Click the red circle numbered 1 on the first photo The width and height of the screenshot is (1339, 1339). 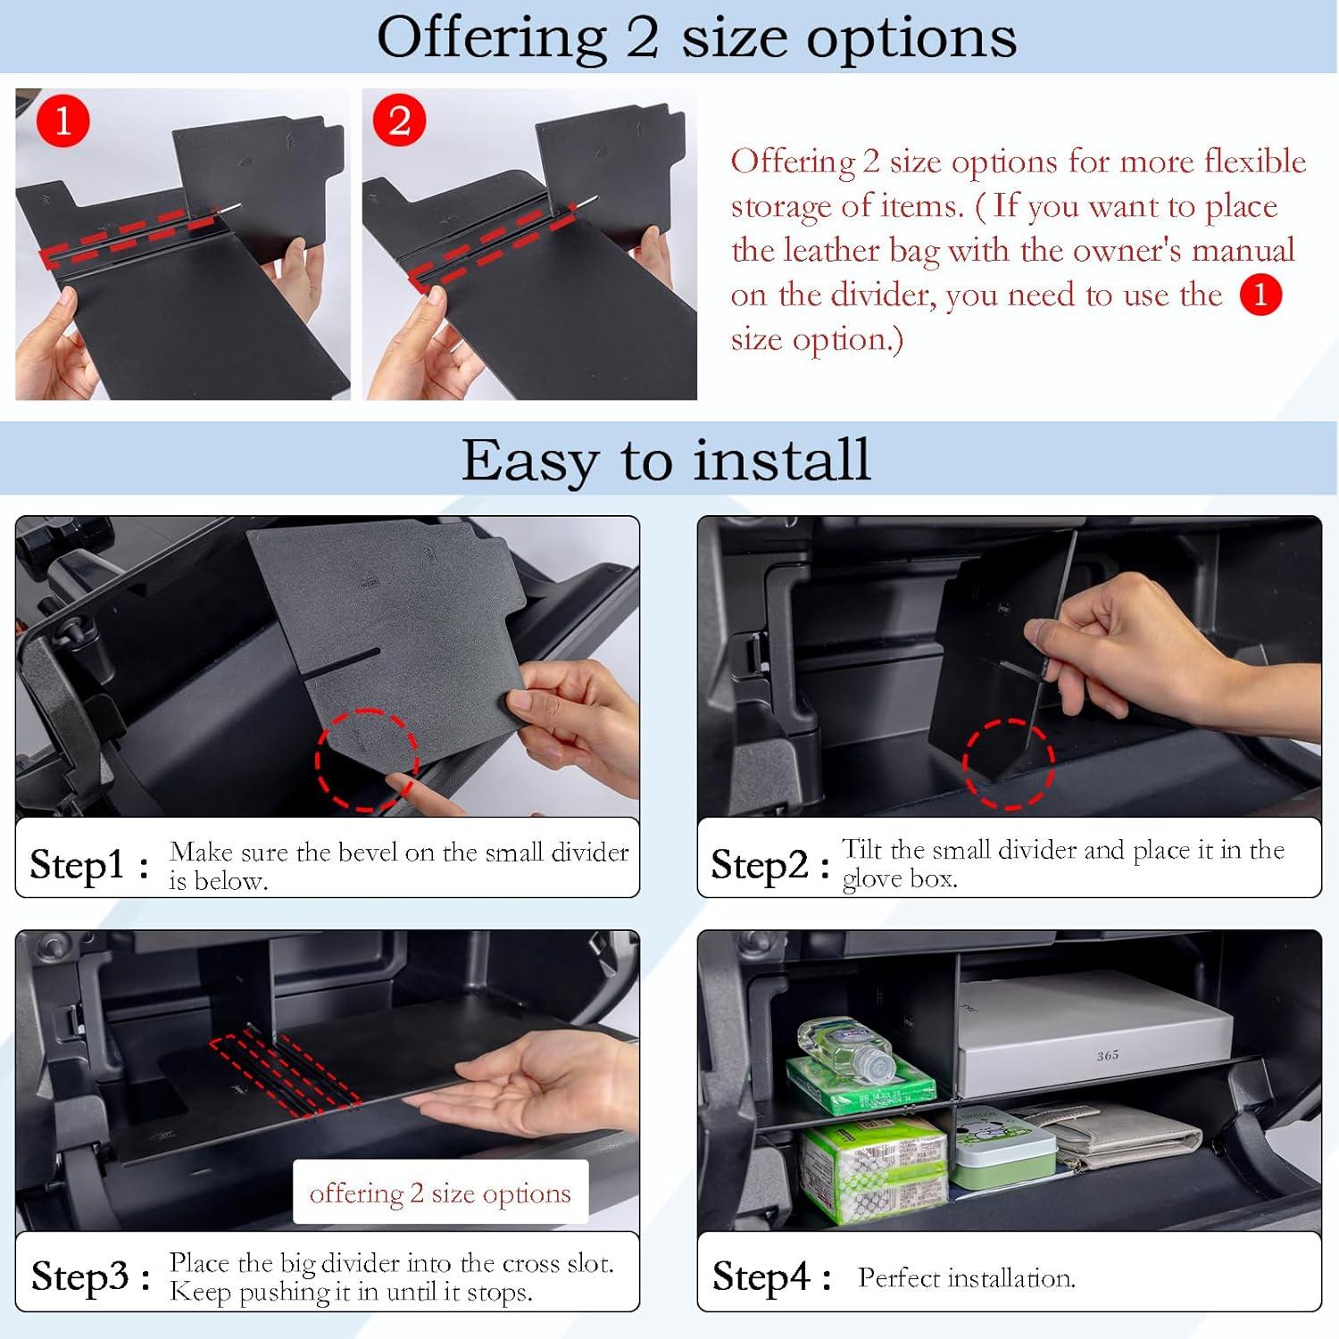[62, 121]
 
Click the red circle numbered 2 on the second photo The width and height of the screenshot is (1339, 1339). [399, 121]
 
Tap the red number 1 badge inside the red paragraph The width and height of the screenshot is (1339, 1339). [1260, 295]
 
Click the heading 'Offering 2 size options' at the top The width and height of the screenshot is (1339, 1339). [696, 37]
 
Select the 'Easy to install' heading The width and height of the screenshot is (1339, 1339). [666, 460]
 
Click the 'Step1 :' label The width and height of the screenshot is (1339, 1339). [89, 864]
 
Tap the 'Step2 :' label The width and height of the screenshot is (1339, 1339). [770, 864]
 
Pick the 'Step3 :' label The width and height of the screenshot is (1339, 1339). [90, 1277]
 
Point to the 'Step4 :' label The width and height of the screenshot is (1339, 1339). [772, 1277]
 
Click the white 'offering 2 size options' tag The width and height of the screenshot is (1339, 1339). [440, 1193]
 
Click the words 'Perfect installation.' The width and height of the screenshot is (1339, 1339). [967, 1277]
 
